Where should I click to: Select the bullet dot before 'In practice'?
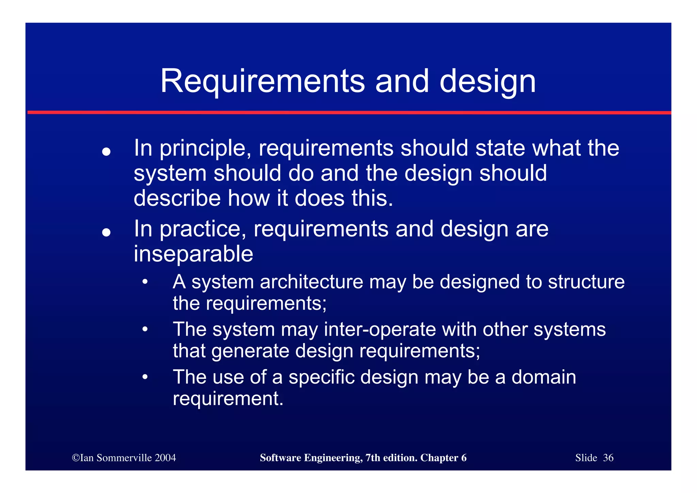[x=107, y=232]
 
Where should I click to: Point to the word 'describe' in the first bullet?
[x=177, y=198]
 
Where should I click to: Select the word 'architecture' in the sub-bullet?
[x=311, y=282]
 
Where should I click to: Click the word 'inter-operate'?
[x=380, y=329]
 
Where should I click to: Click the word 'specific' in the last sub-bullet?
[x=322, y=377]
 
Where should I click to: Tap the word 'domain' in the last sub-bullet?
[x=544, y=377]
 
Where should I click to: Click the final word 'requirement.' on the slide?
[x=228, y=399]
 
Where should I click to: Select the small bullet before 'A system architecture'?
[x=145, y=282]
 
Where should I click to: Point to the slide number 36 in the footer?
[x=608, y=458]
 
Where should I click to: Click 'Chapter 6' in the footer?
[x=443, y=458]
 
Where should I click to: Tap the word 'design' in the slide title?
[x=487, y=82]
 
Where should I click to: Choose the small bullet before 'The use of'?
[x=145, y=377]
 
